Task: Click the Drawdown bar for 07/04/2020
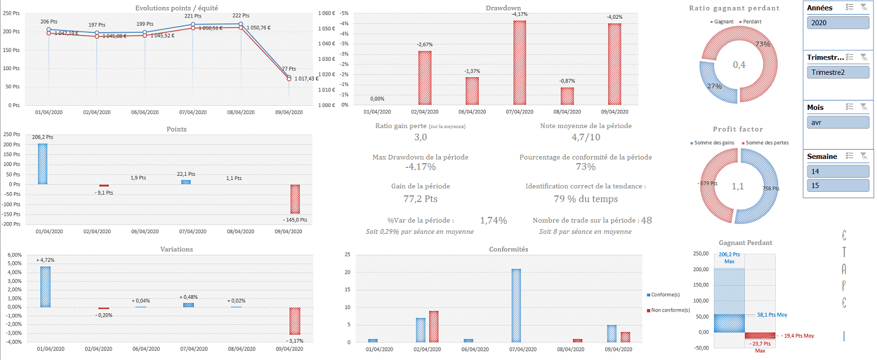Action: tap(520, 63)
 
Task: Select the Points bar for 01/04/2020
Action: tap(43, 164)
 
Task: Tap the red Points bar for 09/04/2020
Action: tap(295, 199)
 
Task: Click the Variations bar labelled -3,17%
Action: tap(295, 321)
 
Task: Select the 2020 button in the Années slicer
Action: tap(838, 23)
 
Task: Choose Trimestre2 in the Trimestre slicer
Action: tap(838, 72)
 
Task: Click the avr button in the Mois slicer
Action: tap(838, 122)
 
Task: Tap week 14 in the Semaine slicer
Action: tap(838, 171)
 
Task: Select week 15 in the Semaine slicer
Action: tap(838, 185)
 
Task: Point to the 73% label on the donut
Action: tap(762, 44)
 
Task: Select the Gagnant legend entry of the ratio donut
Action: tap(723, 22)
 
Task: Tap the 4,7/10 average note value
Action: tap(585, 137)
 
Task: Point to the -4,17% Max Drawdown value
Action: tap(420, 167)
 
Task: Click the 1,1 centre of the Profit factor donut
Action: tap(738, 186)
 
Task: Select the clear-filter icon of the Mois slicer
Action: tap(863, 107)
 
